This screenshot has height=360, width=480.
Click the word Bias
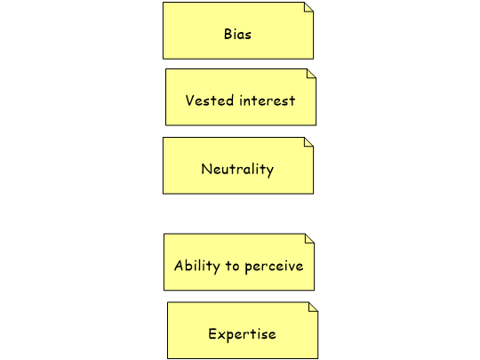pyautogui.click(x=237, y=34)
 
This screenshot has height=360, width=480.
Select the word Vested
pyautogui.click(x=210, y=100)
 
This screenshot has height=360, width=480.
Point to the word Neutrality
pyautogui.click(x=237, y=170)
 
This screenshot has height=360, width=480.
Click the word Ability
pyautogui.click(x=197, y=266)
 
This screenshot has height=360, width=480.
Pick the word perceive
pyautogui.click(x=274, y=267)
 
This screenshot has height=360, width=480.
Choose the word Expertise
pyautogui.click(x=242, y=334)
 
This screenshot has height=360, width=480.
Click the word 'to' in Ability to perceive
pyautogui.click(x=232, y=266)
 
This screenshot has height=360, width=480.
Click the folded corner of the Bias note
pyautogui.click(x=308, y=7)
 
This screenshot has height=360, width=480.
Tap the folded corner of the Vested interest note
pyautogui.click(x=312, y=74)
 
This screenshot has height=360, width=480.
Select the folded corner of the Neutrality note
pyautogui.click(x=308, y=142)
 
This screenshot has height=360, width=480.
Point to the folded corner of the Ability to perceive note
pyautogui.click(x=310, y=238)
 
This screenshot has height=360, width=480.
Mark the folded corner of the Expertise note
pyautogui.click(x=314, y=307)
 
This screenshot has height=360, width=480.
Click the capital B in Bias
pyautogui.click(x=228, y=34)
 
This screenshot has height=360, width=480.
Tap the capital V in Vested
pyautogui.click(x=190, y=100)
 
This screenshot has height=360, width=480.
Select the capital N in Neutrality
pyautogui.click(x=206, y=169)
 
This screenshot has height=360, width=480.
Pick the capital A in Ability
pyautogui.click(x=179, y=266)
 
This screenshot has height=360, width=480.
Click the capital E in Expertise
pyautogui.click(x=212, y=333)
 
